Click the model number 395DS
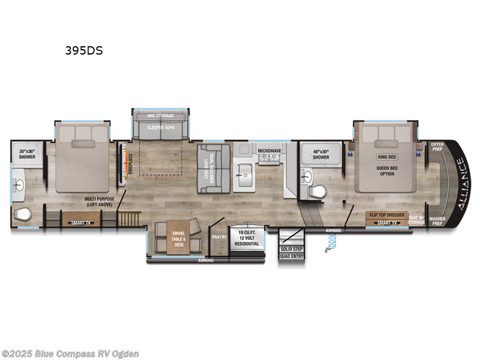[x=84, y=51]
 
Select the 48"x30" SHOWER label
[x=320, y=154]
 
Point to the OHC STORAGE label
[x=161, y=115]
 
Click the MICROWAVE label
[x=269, y=151]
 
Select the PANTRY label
[x=218, y=236]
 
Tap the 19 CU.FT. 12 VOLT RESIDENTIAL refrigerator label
[x=248, y=238]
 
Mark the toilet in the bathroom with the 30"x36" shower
[x=23, y=214]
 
